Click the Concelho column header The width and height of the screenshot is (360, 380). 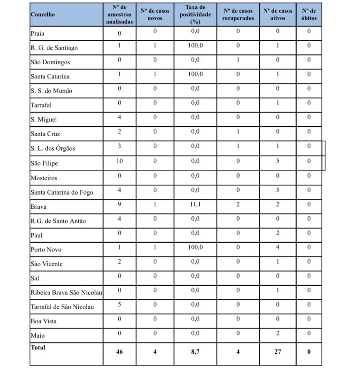pyautogui.click(x=43, y=15)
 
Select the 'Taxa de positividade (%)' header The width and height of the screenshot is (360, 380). pyautogui.click(x=195, y=15)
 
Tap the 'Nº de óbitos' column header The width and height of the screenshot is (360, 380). pyautogui.click(x=309, y=15)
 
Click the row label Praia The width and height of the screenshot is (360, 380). pyautogui.click(x=37, y=33)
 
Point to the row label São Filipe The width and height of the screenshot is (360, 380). pyautogui.click(x=44, y=163)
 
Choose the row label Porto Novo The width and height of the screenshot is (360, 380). pyautogui.click(x=46, y=250)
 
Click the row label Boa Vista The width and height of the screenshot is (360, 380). pyautogui.click(x=44, y=321)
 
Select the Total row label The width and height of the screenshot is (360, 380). pyautogui.click(x=38, y=348)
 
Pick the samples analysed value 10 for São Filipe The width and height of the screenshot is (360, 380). pyautogui.click(x=120, y=161)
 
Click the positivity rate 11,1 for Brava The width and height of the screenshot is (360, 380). pyautogui.click(x=195, y=204)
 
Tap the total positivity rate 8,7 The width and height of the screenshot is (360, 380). pyautogui.click(x=195, y=351)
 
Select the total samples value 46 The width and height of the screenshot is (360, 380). pyautogui.click(x=120, y=351)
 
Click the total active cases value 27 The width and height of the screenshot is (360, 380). pyautogui.click(x=278, y=351)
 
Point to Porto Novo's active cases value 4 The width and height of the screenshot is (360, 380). pyautogui.click(x=278, y=247)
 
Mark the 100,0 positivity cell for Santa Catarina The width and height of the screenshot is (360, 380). pyautogui.click(x=195, y=74)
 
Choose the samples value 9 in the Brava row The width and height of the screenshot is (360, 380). pyautogui.click(x=120, y=204)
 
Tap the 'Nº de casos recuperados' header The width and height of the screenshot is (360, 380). pyautogui.click(x=238, y=15)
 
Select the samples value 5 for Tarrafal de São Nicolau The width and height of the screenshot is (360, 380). pyautogui.click(x=120, y=304)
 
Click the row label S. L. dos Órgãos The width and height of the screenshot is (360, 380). pyautogui.click(x=52, y=149)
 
